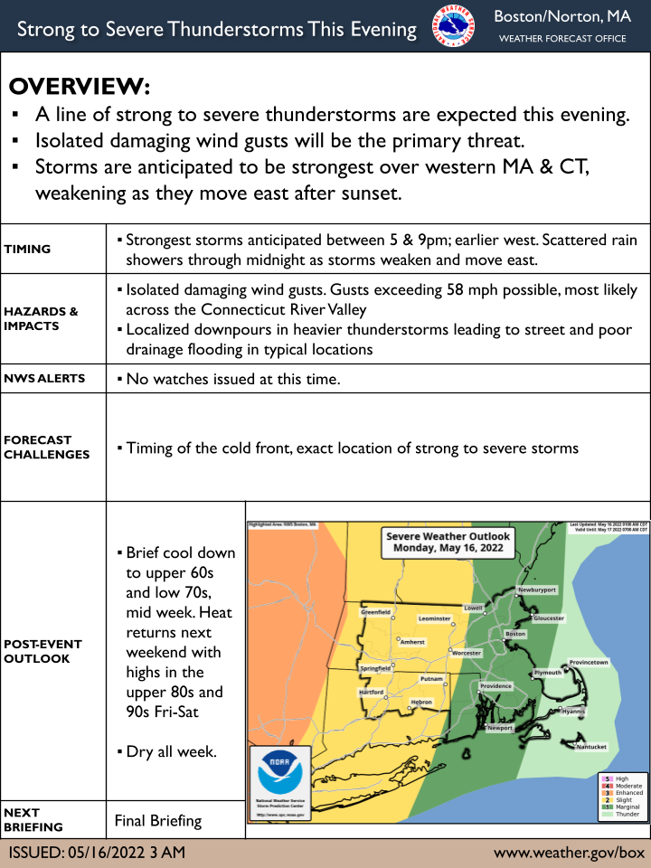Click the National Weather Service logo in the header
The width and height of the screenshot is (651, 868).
(453, 30)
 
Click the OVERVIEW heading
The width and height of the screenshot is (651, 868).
(80, 87)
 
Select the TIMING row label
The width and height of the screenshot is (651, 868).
(27, 250)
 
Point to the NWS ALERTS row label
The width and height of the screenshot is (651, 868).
(44, 378)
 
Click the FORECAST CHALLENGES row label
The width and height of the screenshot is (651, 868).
(47, 448)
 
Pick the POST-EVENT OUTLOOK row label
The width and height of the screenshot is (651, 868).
(42, 651)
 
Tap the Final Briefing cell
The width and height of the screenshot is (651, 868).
(157, 822)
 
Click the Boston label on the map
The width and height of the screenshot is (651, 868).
(515, 634)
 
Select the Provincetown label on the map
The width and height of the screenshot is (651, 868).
(589, 663)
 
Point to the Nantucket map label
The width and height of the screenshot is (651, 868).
(591, 747)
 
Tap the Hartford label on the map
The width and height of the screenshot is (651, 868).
(372, 693)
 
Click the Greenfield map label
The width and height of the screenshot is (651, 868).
(375, 612)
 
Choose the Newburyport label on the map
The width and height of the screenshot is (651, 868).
(536, 590)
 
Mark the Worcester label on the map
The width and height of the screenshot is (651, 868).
(467, 652)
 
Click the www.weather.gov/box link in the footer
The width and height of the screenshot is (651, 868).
(569, 853)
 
